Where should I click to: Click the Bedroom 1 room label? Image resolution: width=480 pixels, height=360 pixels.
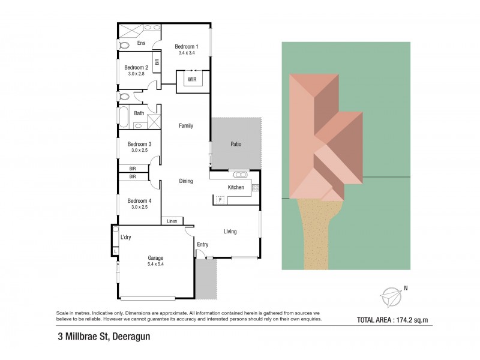tap(186, 47)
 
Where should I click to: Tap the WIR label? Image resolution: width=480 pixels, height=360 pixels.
tap(192, 79)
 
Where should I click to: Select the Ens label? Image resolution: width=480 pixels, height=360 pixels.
tap(141, 44)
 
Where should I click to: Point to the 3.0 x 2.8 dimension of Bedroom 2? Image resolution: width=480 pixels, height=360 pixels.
tap(136, 74)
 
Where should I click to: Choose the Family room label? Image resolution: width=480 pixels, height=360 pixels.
tap(186, 125)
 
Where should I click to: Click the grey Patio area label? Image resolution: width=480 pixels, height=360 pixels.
tap(236, 144)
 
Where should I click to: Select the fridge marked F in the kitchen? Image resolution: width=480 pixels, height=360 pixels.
tap(220, 199)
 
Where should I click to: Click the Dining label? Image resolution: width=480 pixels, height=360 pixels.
tap(186, 181)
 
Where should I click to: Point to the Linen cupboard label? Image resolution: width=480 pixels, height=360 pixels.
tap(172, 221)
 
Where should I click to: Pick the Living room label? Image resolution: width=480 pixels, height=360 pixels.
tap(230, 232)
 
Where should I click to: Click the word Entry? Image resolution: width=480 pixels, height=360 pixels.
tap(202, 244)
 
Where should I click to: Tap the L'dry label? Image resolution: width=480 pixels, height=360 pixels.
tap(126, 238)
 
